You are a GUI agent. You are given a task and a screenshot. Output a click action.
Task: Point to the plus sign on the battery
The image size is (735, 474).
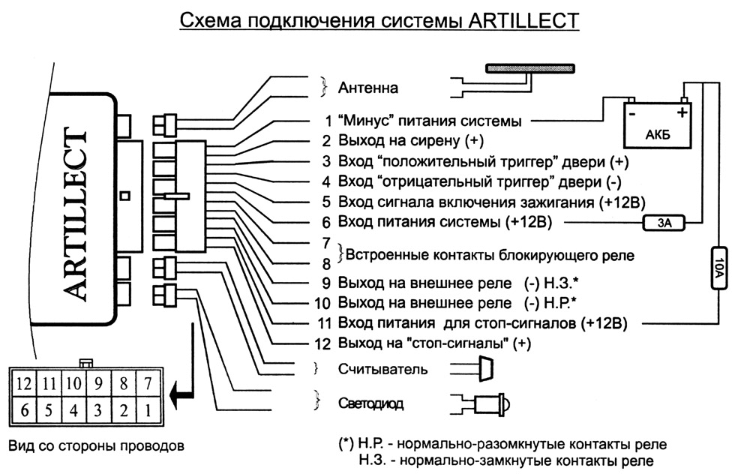click(682, 113)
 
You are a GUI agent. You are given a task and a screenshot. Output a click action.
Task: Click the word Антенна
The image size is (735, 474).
click(368, 88)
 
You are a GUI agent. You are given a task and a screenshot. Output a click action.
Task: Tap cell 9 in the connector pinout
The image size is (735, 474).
click(97, 385)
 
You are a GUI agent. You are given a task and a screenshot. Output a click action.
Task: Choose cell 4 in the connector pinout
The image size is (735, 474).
click(73, 410)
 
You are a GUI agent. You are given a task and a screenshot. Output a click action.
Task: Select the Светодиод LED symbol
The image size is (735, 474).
click(487, 404)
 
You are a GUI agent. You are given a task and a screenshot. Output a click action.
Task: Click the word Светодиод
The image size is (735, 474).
click(370, 404)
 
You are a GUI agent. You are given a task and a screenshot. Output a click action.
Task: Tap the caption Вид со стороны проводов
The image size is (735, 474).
click(94, 446)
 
